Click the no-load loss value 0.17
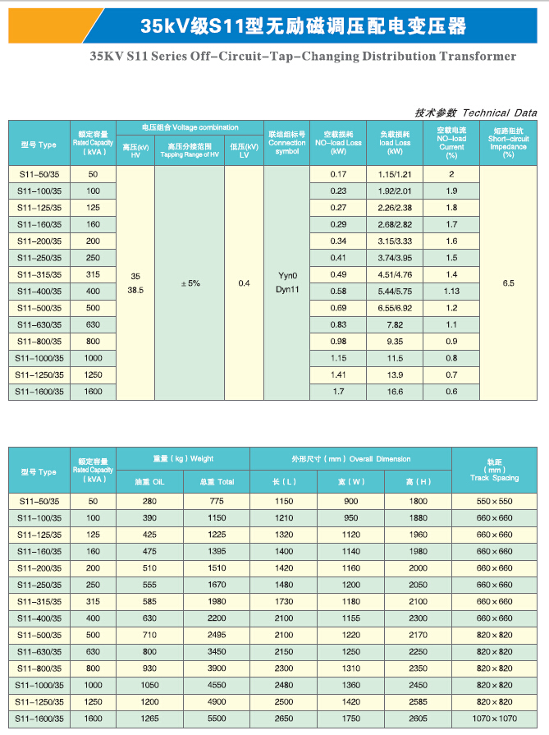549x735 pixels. [x=338, y=174]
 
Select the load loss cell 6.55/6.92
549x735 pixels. [x=394, y=307]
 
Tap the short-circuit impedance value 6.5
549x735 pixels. [x=508, y=283]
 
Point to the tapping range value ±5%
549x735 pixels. [x=190, y=283]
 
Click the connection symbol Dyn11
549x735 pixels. [x=287, y=290]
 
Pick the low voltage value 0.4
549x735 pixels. [x=244, y=283]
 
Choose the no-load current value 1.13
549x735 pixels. [x=451, y=291]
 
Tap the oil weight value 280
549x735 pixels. [x=149, y=501]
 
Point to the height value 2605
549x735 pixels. [x=419, y=719]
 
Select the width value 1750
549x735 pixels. [x=350, y=719]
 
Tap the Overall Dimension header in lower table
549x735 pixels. [x=350, y=458]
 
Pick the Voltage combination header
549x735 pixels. [x=190, y=128]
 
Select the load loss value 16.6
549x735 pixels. [x=394, y=391]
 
